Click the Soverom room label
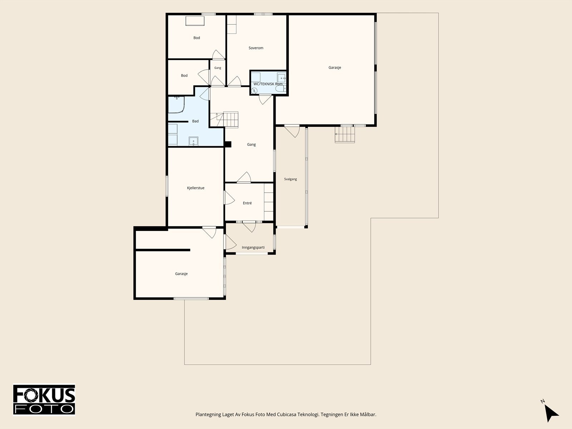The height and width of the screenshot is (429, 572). tap(256, 48)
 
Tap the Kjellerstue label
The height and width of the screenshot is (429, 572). tap(196, 188)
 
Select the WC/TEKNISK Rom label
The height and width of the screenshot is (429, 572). tap(268, 84)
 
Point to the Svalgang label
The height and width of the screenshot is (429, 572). tap(290, 179)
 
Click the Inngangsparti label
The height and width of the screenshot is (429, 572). tap(253, 247)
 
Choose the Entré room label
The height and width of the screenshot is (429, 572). tap(247, 203)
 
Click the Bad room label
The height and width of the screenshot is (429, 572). tap(195, 121)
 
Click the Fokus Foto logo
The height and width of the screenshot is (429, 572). tap(44, 400)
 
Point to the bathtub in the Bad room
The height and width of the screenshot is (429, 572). tap(176, 105)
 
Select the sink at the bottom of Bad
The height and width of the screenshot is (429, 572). tap(193, 142)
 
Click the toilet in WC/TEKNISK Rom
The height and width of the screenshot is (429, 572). tap(281, 89)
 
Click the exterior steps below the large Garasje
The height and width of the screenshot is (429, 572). tap(345, 134)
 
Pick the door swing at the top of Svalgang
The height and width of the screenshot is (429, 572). tap(292, 132)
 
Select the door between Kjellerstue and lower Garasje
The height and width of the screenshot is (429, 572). tap(209, 233)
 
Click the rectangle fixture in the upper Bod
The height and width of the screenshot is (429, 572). tap(195, 21)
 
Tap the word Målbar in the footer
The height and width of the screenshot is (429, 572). tap(368, 414)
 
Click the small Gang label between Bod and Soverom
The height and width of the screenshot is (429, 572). tap(218, 68)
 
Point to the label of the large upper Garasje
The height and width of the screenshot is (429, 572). tap(335, 68)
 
